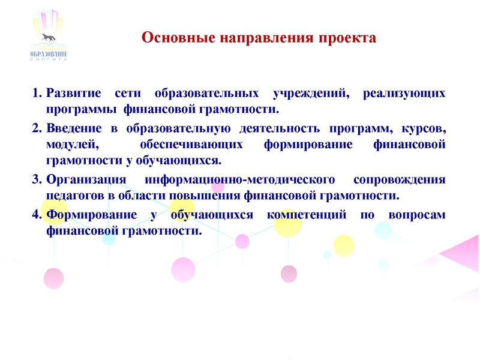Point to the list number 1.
35,94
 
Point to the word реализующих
405,94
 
